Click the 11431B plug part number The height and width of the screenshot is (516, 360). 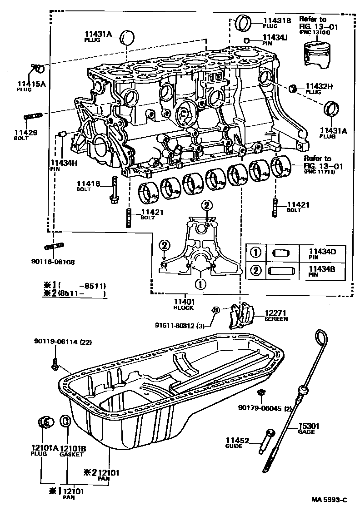276,20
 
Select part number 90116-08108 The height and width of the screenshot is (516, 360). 53,262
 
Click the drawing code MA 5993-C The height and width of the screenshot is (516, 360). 329,500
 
